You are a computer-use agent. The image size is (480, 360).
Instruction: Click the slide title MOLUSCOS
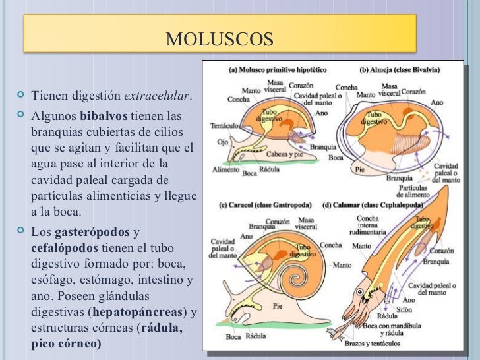(x=220, y=39)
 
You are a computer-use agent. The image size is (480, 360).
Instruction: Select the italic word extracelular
(x=158, y=96)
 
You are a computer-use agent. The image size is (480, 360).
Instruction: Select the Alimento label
(x=225, y=169)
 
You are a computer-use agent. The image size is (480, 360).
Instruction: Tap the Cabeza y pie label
(x=285, y=154)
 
